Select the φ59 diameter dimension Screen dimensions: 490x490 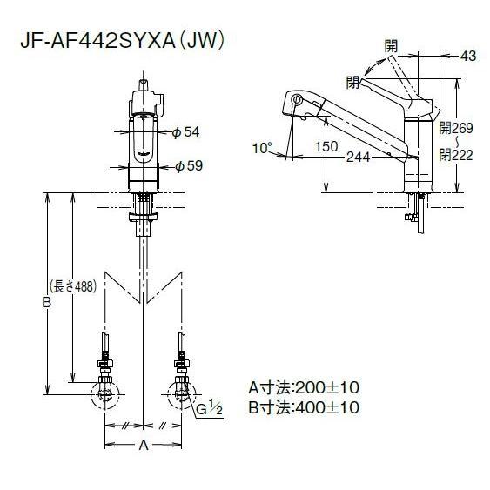(x=188, y=166)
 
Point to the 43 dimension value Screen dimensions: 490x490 (x=467, y=56)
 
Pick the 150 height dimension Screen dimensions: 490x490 (x=327, y=146)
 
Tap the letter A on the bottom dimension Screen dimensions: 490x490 (x=144, y=447)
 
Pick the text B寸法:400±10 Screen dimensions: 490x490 (x=303, y=407)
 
